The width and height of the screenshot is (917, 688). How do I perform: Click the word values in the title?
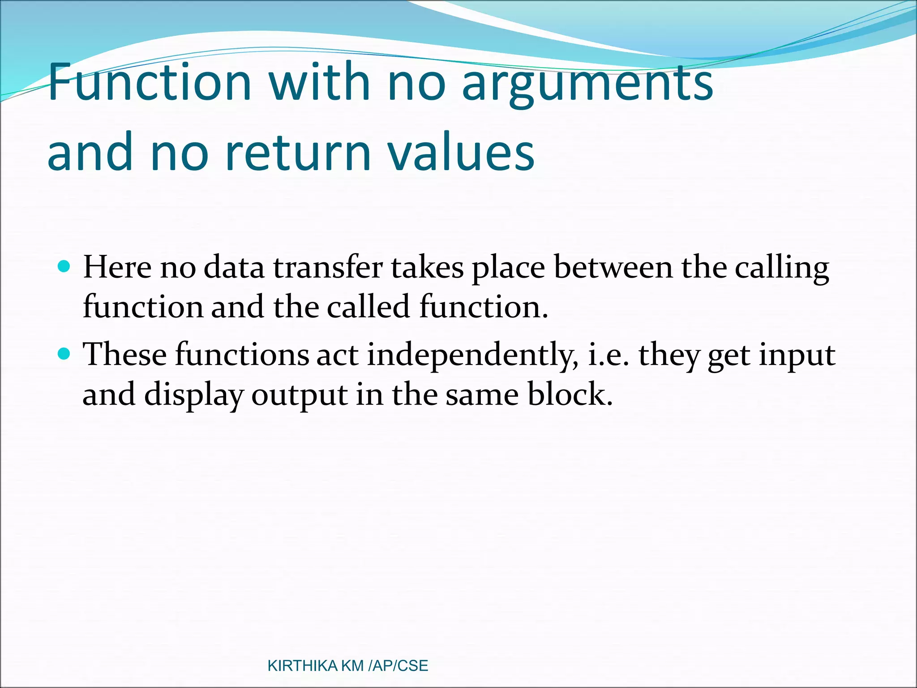pos(461,152)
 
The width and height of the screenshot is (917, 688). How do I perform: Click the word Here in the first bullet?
pos(117,267)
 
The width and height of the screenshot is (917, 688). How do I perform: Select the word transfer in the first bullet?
pos(328,267)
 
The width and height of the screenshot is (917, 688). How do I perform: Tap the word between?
pos(613,267)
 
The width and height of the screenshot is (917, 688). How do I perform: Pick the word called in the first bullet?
pos(368,307)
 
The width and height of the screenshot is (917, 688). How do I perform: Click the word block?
pos(569,394)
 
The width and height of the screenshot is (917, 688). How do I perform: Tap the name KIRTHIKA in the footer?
pos(302,666)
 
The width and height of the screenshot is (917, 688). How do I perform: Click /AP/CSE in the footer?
pos(398,666)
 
